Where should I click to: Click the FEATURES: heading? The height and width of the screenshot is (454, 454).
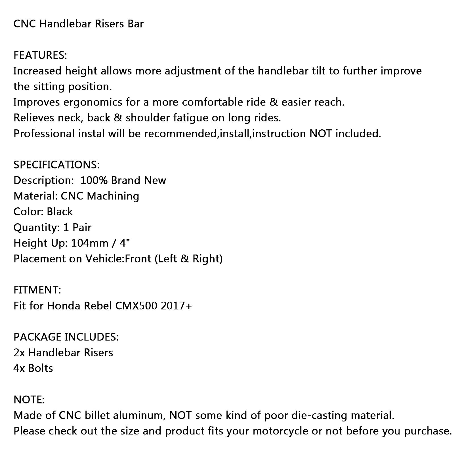(x=40, y=55)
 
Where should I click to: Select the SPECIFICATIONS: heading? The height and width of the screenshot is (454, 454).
(x=56, y=165)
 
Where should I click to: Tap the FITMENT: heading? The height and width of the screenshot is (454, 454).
(x=37, y=290)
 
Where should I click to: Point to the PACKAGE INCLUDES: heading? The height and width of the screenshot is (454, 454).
(x=66, y=337)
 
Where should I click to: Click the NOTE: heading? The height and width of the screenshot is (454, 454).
(x=29, y=400)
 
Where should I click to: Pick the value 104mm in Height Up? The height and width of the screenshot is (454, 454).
(x=90, y=243)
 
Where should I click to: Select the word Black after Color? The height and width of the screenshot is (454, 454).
(x=60, y=212)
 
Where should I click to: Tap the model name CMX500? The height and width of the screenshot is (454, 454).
(x=136, y=306)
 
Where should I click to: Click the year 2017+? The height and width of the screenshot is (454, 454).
(x=176, y=306)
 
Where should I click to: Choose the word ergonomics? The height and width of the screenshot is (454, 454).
(x=93, y=102)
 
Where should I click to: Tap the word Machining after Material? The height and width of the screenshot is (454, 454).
(x=113, y=196)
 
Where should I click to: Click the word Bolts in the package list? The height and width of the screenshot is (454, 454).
(x=41, y=368)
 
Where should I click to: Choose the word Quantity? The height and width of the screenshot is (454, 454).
(x=35, y=228)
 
